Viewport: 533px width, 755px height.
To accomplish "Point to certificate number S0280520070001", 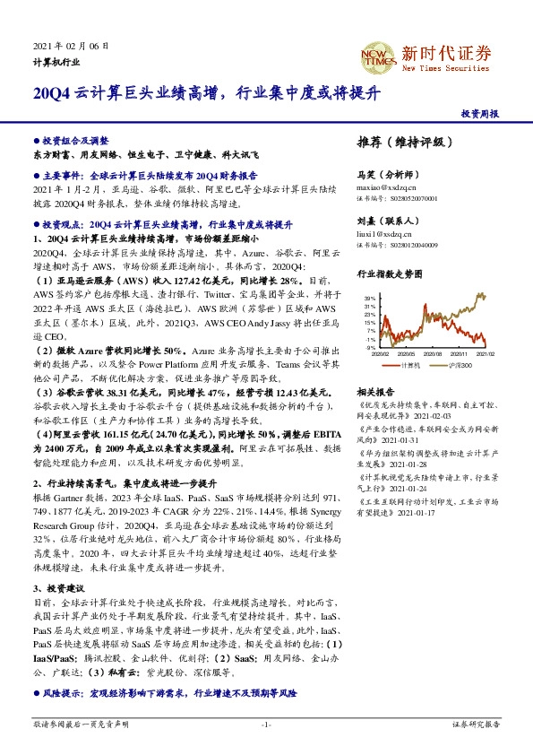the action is (413, 198).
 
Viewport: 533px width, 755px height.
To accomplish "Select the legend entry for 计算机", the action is (411, 365).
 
